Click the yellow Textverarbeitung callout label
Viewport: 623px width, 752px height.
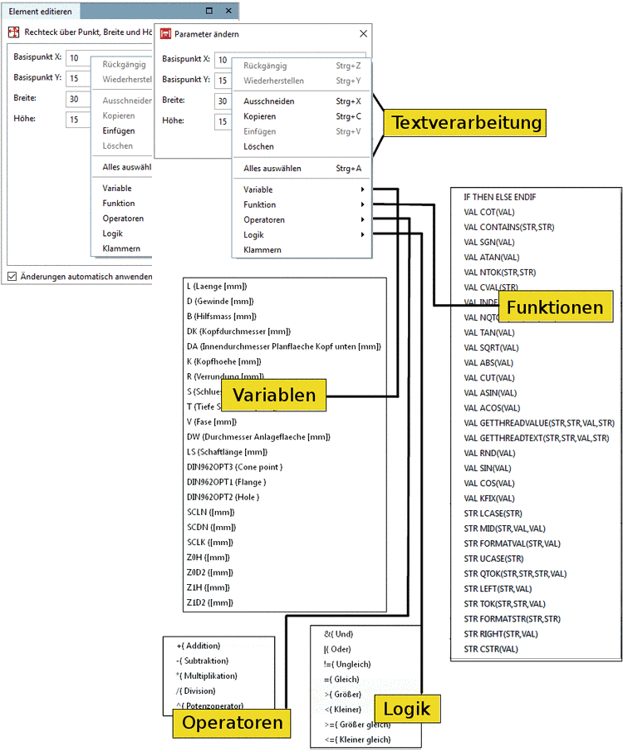point(466,123)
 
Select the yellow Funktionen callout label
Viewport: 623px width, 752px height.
point(555,307)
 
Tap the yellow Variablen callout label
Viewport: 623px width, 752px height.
point(273,395)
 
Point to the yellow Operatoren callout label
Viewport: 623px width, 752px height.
point(232,723)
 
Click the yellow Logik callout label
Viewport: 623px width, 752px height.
point(407,710)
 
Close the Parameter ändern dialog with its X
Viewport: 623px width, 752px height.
point(363,34)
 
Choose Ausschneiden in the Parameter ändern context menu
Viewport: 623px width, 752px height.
point(268,101)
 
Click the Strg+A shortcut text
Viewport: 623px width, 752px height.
point(348,169)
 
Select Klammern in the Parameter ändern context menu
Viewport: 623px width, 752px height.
point(262,250)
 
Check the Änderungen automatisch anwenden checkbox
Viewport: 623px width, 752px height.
point(12,277)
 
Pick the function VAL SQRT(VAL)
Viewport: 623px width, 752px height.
point(491,347)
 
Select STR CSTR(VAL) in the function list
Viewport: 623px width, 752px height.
point(491,649)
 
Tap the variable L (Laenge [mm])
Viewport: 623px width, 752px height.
point(217,286)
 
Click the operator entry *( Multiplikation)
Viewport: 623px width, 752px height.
point(207,676)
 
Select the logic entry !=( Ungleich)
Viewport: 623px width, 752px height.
point(347,664)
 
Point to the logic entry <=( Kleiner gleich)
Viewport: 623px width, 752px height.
point(357,740)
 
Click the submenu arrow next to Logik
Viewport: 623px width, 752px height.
point(362,235)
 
